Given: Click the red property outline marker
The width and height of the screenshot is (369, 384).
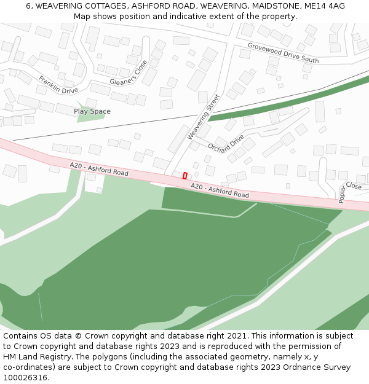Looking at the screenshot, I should tap(184, 176).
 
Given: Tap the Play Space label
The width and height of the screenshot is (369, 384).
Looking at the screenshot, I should tap(92, 111).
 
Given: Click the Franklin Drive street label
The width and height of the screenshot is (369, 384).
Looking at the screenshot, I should tap(58, 85).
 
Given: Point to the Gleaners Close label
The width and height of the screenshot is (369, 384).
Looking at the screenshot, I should tap(129, 73).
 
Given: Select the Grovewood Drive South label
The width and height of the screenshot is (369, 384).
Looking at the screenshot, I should tap(283, 53).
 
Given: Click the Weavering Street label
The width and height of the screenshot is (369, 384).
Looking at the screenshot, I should tap(203, 116).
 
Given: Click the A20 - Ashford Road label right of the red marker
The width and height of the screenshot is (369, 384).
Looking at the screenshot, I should tap(220, 190).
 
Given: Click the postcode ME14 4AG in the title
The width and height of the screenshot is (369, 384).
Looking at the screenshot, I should tap(325, 6).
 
